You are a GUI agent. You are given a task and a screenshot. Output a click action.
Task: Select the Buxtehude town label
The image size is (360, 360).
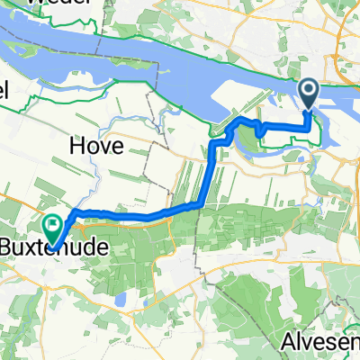[61, 244]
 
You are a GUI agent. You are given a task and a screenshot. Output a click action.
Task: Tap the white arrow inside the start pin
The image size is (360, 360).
[308, 89]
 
